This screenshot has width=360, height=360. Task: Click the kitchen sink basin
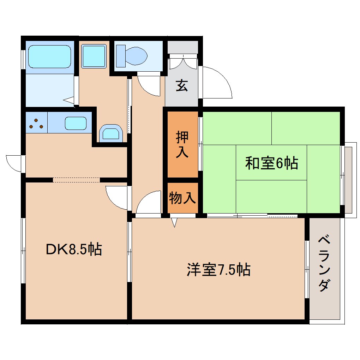[x=76, y=124]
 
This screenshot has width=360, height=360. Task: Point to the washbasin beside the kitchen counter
[x=111, y=133]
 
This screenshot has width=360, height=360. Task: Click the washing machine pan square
[x=94, y=56]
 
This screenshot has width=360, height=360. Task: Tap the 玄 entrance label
[x=182, y=86]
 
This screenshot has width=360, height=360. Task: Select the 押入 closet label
[x=182, y=145]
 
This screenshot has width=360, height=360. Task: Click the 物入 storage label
[x=182, y=198]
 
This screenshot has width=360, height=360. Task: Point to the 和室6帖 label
[x=271, y=163]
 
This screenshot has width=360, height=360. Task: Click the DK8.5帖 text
[x=74, y=250]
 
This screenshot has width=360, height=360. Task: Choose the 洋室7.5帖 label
[x=218, y=270]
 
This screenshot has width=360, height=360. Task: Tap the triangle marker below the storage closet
[x=174, y=222]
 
